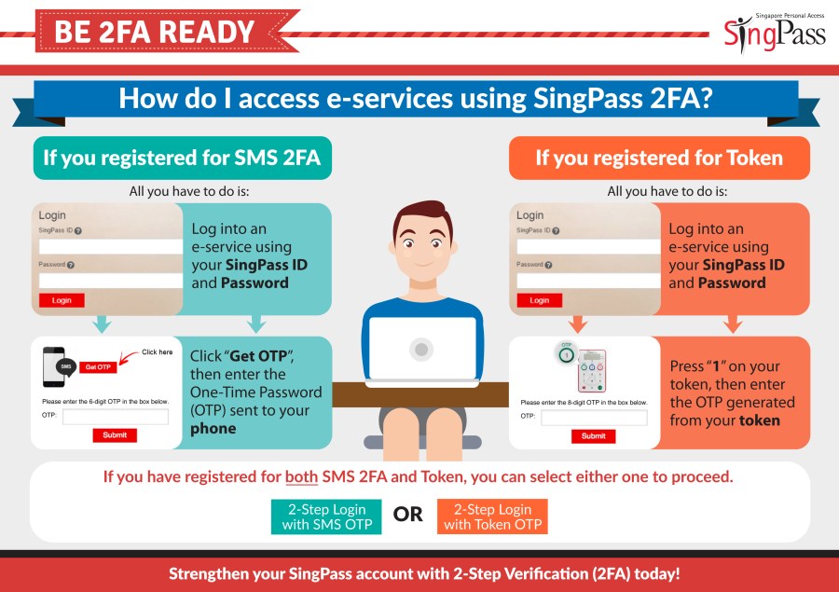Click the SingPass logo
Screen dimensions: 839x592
point(775,34)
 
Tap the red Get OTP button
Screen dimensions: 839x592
point(98,367)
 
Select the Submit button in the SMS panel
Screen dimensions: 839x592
point(115,435)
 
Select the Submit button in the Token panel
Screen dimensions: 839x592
point(594,436)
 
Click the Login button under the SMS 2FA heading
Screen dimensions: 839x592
point(62,300)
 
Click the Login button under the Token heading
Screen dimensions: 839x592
point(540,300)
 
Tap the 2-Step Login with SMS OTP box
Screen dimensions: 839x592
point(326,516)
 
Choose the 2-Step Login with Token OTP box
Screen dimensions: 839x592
point(492,516)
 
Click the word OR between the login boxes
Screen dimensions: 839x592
point(407,515)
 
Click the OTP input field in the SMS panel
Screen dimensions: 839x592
point(116,417)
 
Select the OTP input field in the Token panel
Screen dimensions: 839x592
point(594,418)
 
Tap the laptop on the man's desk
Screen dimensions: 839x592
point(421,351)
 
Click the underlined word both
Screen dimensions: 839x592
point(301,477)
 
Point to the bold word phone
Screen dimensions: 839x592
point(213,429)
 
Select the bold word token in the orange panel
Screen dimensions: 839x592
point(759,420)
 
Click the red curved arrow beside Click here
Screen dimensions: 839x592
point(128,358)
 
